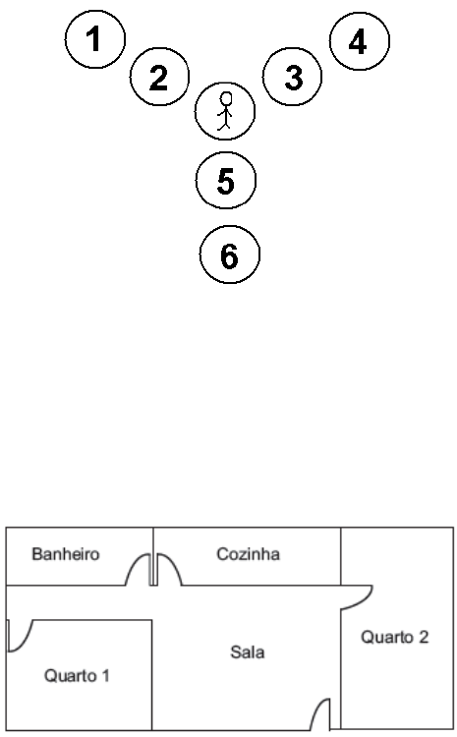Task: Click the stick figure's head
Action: [x=226, y=99]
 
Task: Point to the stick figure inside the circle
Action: [x=225, y=111]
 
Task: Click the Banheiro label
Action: [x=65, y=554]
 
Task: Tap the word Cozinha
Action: [x=248, y=554]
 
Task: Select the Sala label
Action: [x=248, y=652]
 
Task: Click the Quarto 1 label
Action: [x=77, y=676]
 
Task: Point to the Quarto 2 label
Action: [x=394, y=637]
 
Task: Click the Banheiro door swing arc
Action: [x=135, y=561]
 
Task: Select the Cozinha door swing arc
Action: [x=172, y=561]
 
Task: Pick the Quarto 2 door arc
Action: [x=366, y=602]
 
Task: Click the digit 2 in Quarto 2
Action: [x=424, y=637]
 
